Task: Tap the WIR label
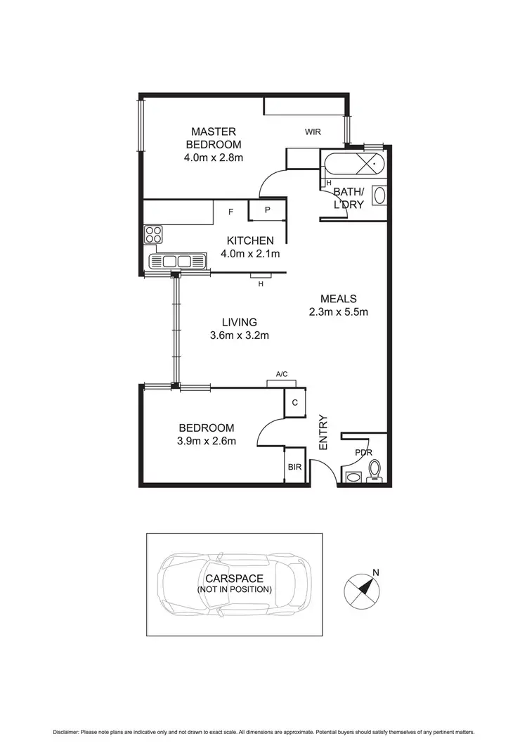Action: click(313, 131)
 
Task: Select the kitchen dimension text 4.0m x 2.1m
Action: click(251, 254)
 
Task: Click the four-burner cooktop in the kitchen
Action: click(153, 235)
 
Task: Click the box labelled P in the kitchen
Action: click(268, 210)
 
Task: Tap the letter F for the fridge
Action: click(230, 211)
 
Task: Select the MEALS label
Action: click(339, 298)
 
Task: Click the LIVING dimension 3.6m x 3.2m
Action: click(240, 335)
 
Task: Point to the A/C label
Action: click(281, 375)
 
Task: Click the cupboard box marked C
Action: click(295, 402)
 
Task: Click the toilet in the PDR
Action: click(375, 469)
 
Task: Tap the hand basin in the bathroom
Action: click(379, 195)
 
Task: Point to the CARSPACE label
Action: click(234, 578)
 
